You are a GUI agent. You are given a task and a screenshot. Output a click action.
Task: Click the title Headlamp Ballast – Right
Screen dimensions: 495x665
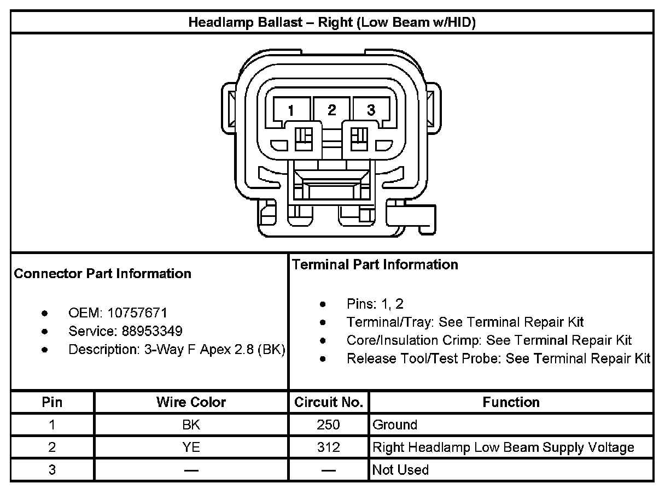point(331,22)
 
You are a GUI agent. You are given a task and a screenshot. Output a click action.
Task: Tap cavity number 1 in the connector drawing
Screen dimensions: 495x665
point(291,110)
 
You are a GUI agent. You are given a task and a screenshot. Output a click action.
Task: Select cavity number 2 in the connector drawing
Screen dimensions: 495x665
point(331,110)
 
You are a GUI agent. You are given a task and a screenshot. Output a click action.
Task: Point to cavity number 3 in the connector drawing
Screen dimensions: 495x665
point(371,110)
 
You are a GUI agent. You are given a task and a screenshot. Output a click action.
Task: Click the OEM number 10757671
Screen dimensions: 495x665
point(137,313)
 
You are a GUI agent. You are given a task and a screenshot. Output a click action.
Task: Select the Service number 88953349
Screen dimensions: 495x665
point(145,331)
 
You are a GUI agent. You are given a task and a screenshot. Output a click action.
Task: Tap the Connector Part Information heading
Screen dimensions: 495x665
point(102,274)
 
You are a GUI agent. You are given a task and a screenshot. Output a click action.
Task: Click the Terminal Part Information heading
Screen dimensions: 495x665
point(375,265)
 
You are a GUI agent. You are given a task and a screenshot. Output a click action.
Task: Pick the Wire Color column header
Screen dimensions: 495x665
point(191,403)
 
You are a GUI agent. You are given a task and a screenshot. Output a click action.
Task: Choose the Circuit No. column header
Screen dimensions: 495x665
point(329,403)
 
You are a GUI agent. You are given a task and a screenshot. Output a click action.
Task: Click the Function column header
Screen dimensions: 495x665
point(511,403)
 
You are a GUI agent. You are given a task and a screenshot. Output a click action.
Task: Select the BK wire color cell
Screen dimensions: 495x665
point(191,425)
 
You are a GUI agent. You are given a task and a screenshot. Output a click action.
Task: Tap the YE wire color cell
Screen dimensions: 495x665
point(191,447)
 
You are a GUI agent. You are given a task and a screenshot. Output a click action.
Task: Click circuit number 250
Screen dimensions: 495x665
point(328,425)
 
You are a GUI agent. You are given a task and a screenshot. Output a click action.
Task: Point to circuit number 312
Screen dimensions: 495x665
point(328,447)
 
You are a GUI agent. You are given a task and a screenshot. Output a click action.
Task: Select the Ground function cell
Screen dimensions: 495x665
point(394,425)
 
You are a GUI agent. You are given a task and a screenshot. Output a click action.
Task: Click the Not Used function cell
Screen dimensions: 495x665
point(400,470)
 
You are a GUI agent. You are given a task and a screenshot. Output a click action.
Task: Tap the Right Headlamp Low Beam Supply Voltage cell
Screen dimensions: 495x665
point(503,447)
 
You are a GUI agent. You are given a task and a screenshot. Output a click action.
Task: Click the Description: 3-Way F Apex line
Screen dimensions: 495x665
point(177,350)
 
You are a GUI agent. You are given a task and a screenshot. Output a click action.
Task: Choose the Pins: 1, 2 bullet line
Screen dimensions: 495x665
point(375,304)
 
